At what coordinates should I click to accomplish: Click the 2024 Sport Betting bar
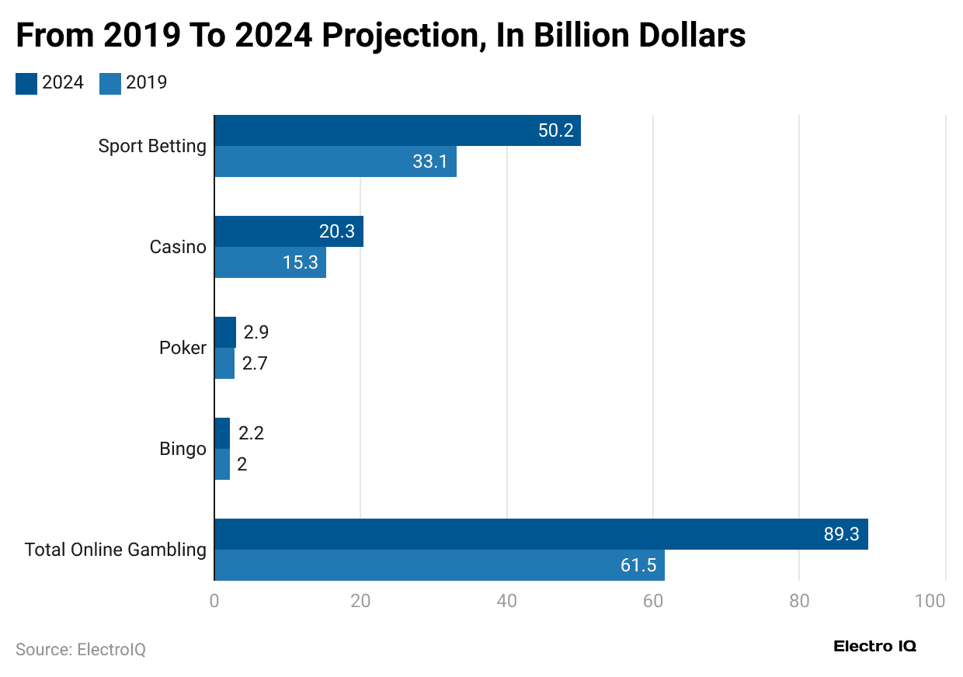[397, 130]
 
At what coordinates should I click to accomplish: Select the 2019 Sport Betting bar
[335, 161]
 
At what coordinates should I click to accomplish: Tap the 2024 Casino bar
[288, 231]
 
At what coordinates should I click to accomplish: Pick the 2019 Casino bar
[269, 262]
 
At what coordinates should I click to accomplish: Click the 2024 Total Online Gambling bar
[541, 534]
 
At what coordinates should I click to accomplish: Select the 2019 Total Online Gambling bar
[439, 565]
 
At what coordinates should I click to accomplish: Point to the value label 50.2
[555, 130]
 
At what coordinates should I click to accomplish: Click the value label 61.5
[638, 565]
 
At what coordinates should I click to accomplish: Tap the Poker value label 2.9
[256, 332]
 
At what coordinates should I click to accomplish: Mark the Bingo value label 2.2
[251, 433]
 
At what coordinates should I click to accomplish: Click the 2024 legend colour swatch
[26, 83]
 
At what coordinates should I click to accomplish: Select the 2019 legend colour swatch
[110, 83]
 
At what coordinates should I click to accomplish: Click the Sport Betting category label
[152, 146]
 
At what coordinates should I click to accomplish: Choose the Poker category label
[183, 348]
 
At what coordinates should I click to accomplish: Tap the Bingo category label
[183, 449]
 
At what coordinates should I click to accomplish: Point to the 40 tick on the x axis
[506, 601]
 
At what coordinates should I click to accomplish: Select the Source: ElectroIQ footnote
[81, 649]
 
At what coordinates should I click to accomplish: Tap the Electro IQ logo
[874, 646]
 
